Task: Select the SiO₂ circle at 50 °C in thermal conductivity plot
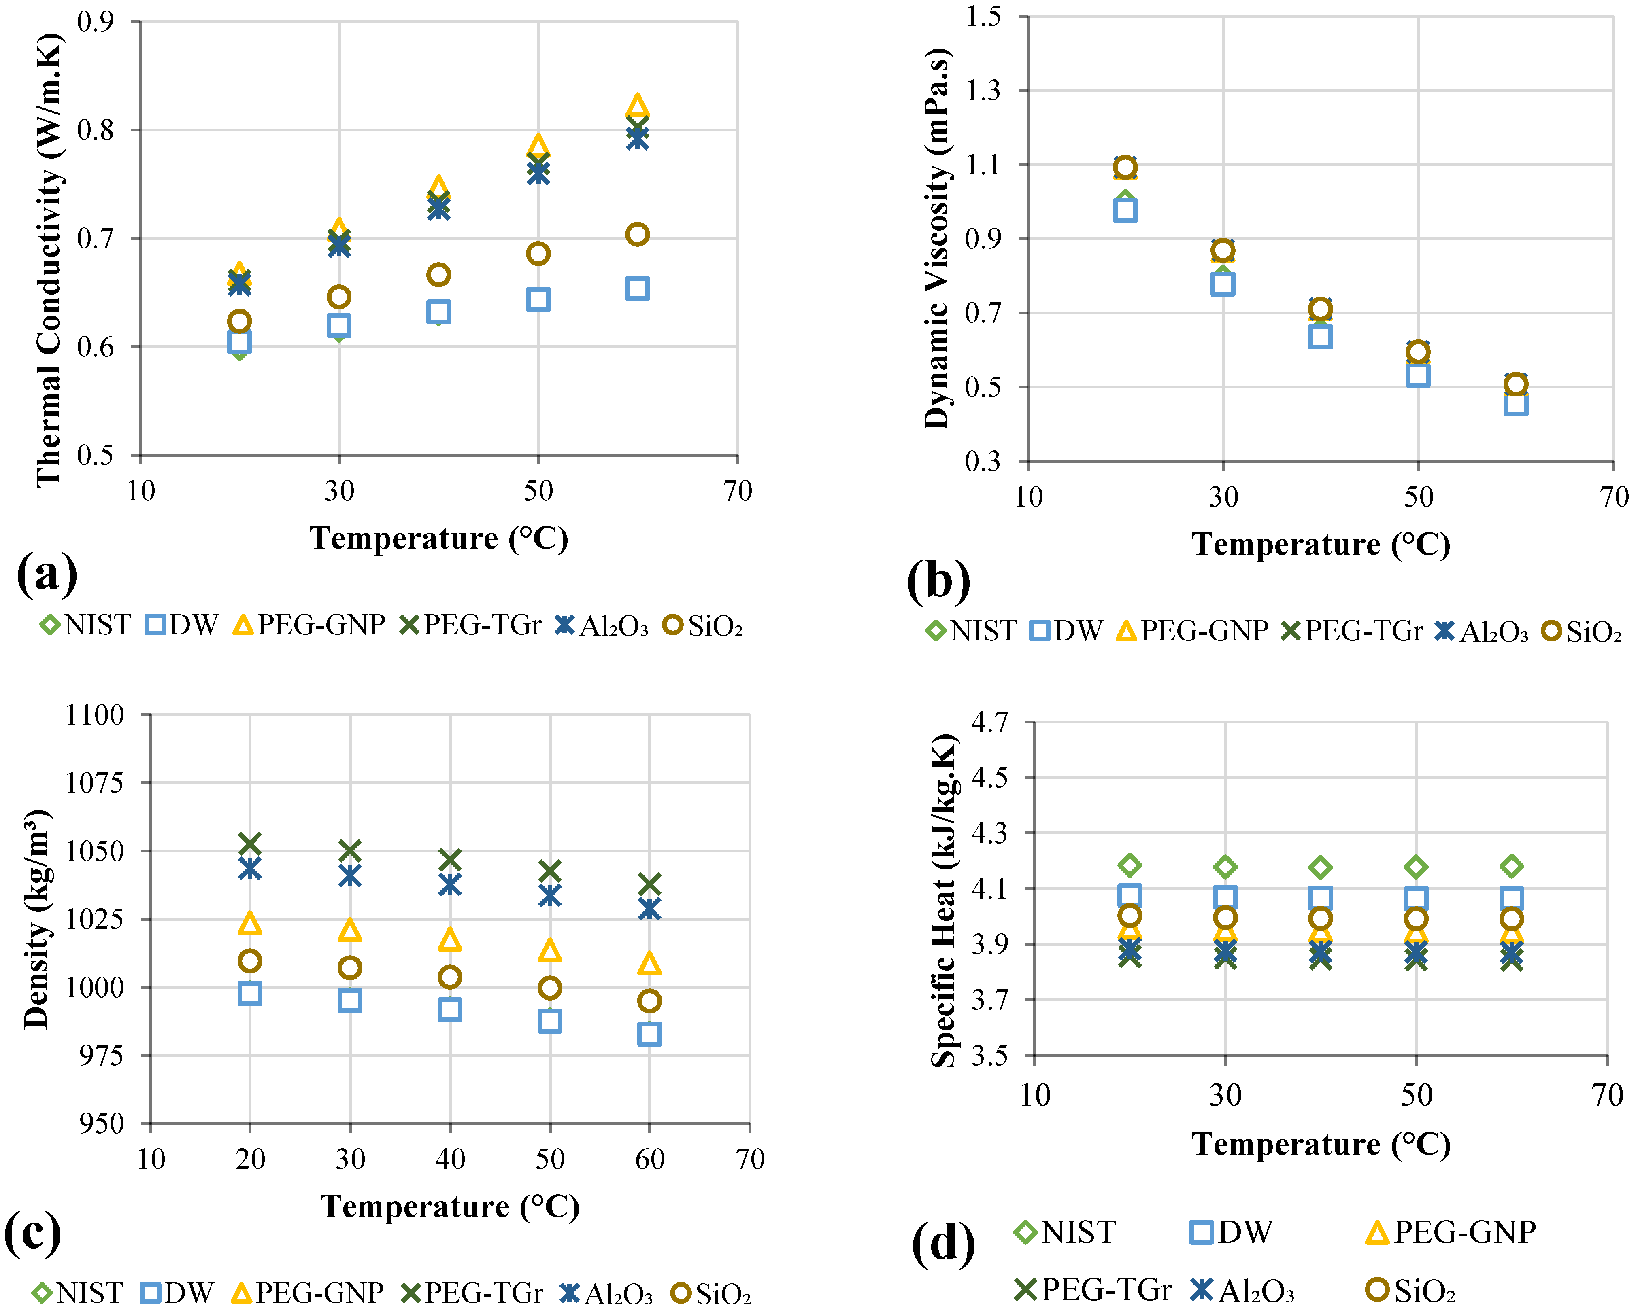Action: (538, 254)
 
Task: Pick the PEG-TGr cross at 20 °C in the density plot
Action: (250, 844)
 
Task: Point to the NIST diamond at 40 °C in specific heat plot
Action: (1321, 867)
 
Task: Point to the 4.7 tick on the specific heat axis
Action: (990, 721)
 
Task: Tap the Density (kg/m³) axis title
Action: (36, 919)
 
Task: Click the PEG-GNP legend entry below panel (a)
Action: (309, 625)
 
